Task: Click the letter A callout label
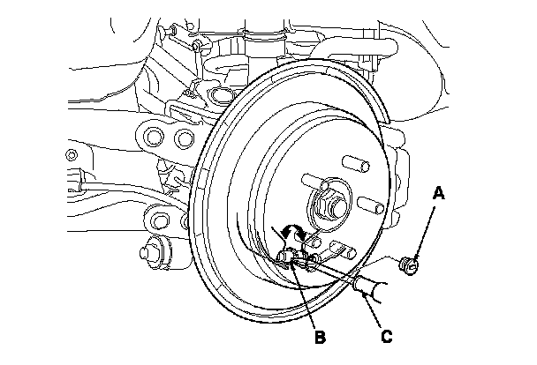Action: click(439, 193)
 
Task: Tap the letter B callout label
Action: click(321, 337)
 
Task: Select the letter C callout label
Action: click(387, 336)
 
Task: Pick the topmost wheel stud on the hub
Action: click(356, 163)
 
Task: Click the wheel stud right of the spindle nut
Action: click(371, 205)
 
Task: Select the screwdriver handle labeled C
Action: click(371, 290)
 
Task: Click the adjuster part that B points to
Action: click(288, 257)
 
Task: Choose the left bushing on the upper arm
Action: click(153, 137)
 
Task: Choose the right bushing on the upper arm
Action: click(185, 138)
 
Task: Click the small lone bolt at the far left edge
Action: click(72, 155)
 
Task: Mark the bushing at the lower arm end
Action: click(158, 221)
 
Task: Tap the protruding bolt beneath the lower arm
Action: click(154, 252)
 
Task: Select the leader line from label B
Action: click(304, 294)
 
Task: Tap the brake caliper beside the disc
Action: click(397, 175)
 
